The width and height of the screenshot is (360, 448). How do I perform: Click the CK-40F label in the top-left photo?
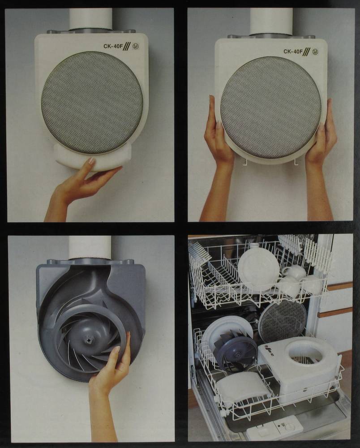(x=113, y=46)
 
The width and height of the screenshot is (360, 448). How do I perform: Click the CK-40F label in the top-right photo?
(x=293, y=52)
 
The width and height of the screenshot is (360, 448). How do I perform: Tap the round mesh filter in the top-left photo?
(x=92, y=103)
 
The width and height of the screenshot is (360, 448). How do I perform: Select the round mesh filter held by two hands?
(x=271, y=107)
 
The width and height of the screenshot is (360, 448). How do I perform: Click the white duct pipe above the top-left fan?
(x=90, y=18)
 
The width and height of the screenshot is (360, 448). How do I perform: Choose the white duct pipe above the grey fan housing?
(x=90, y=247)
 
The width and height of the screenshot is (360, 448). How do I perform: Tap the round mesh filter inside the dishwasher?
(x=282, y=318)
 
